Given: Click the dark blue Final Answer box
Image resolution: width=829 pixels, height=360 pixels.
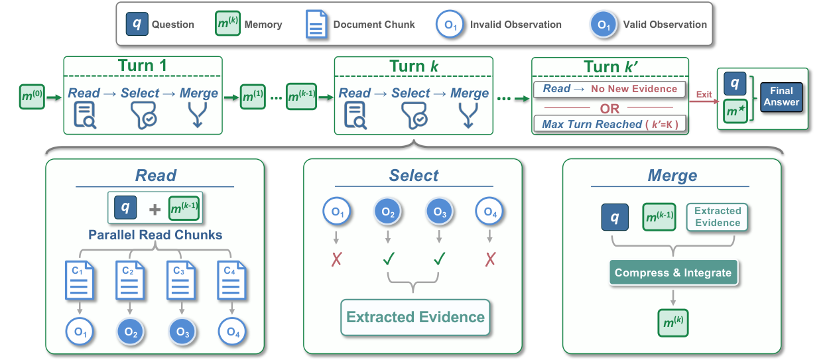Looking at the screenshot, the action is [781, 97].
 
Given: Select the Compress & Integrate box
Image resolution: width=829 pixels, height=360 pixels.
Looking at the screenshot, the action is [673, 272].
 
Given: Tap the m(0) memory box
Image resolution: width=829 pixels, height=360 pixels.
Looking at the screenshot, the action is [32, 97].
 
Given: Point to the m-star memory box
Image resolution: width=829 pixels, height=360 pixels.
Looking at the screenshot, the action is [735, 111].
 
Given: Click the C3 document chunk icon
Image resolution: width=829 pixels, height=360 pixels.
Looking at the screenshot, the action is [180, 280].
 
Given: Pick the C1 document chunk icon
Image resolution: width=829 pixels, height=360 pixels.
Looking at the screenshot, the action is [79, 280].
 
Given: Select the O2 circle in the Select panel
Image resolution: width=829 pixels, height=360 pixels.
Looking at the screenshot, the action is [387, 211].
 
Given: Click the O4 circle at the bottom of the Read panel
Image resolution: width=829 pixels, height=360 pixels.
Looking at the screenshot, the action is [232, 331].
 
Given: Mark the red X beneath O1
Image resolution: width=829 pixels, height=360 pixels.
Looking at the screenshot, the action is [336, 259].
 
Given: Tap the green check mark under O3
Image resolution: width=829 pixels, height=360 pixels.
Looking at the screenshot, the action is [439, 259].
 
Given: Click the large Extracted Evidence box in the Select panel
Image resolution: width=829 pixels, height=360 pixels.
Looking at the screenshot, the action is [415, 318].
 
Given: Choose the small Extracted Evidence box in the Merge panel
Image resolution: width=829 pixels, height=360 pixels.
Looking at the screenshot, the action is [717, 217].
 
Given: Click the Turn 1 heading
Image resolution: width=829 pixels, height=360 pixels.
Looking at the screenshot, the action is [143, 66].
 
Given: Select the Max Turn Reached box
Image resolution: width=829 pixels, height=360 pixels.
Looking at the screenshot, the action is [610, 124].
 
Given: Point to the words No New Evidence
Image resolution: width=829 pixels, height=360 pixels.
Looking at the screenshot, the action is [634, 89].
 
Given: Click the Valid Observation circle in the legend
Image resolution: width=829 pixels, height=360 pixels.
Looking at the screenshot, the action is [604, 25].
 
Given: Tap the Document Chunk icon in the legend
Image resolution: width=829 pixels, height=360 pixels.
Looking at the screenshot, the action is [316, 25].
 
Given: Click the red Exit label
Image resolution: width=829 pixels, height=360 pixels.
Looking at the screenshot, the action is [704, 94].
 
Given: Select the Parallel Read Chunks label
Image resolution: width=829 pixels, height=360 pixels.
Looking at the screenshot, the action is [155, 235].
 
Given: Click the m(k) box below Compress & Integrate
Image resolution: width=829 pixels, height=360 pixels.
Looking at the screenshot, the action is [673, 323].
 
